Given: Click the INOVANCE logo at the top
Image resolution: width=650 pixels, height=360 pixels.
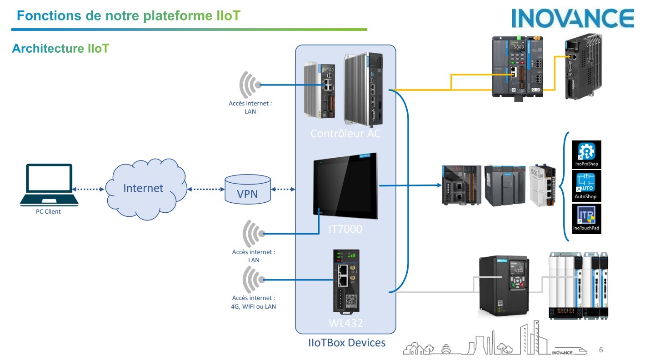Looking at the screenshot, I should tap(573, 18).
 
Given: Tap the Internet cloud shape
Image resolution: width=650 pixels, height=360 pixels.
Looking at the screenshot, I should tap(144, 188).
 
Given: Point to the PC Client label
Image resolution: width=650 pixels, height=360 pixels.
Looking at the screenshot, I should tap(48, 211).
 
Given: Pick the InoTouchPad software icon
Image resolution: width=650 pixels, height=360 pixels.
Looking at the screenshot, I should tap(586, 219).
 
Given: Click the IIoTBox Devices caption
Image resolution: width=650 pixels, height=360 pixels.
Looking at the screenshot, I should tap(346, 343).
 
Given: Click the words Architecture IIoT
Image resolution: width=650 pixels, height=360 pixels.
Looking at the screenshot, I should tap(60, 49).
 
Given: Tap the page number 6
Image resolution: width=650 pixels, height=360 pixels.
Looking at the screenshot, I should tap(601, 350).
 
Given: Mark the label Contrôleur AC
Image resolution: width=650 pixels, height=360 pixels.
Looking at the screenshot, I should tap(345, 134).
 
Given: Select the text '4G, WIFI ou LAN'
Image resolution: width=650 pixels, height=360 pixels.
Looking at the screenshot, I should tap(254, 306).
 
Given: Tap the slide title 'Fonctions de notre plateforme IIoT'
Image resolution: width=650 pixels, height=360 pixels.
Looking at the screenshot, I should tap(129, 16).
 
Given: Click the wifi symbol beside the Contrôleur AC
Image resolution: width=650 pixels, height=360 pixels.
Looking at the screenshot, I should tap(250, 85).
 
